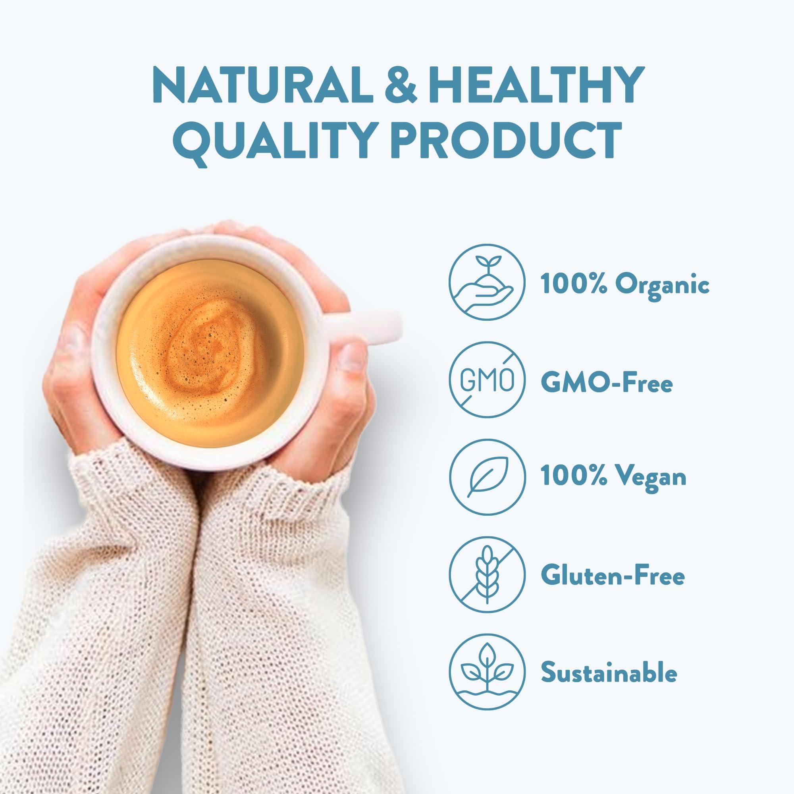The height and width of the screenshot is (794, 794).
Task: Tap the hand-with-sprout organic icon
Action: [487, 284]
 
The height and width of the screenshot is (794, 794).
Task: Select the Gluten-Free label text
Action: [613, 576]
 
